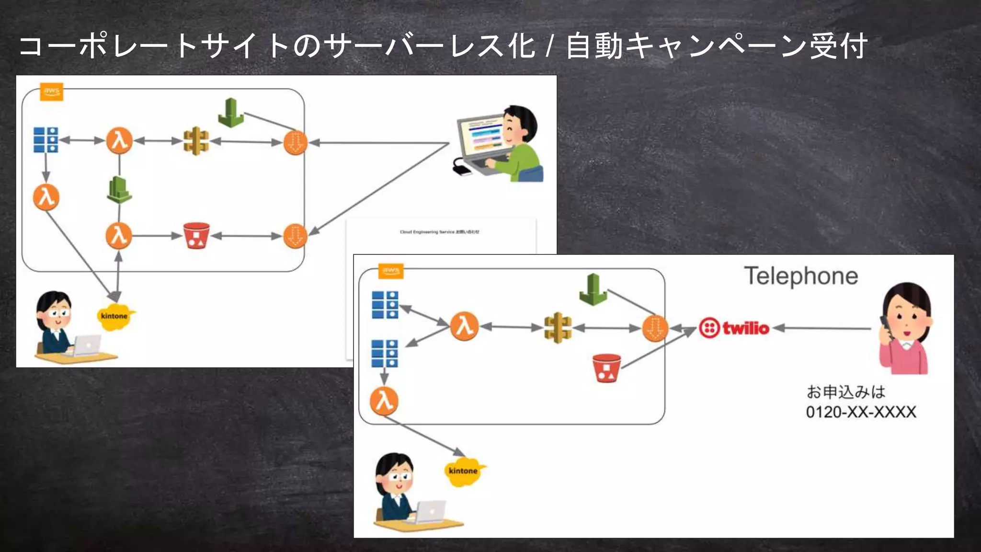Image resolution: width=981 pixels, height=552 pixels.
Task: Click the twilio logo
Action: click(x=734, y=328)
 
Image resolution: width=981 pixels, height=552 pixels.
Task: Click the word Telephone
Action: click(x=800, y=276)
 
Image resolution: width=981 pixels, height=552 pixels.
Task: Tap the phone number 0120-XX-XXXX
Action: click(x=860, y=412)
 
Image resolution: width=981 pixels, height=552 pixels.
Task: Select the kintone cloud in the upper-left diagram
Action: click(x=114, y=316)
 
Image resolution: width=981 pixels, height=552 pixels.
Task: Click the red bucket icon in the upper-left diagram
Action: click(x=196, y=236)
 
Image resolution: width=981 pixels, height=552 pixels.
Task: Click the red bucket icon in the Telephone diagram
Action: click(x=606, y=368)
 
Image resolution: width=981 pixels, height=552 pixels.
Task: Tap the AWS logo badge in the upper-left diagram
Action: click(x=52, y=92)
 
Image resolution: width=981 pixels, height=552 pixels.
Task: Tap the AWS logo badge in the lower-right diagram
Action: click(x=390, y=271)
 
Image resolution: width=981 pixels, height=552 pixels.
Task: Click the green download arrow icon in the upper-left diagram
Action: click(x=231, y=113)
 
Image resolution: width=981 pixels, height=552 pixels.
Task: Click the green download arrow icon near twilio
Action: click(x=593, y=289)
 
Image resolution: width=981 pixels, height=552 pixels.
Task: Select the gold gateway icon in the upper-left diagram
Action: click(x=196, y=141)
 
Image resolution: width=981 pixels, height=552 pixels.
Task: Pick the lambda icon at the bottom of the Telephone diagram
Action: click(x=384, y=401)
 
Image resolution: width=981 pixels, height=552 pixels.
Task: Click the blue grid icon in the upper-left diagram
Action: click(x=46, y=140)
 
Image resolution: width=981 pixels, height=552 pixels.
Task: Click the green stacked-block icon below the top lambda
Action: click(x=119, y=190)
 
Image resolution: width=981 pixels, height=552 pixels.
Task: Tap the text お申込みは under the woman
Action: click(x=845, y=392)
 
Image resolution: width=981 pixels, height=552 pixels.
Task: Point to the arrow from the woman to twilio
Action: click(x=822, y=328)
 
